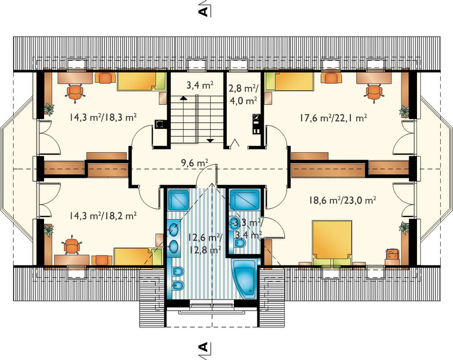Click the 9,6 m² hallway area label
[195, 163]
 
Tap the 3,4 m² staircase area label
[200, 85]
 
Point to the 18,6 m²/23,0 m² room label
[342, 201]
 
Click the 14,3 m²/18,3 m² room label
[103, 117]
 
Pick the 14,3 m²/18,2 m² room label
[103, 216]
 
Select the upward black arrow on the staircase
[183, 98]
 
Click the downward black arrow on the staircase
[210, 140]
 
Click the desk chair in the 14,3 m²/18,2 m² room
[71, 246]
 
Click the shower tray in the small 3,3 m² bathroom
[245, 200]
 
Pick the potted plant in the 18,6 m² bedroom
[404, 227]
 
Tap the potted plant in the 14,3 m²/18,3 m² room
[49, 109]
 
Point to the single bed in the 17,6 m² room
[289, 81]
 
